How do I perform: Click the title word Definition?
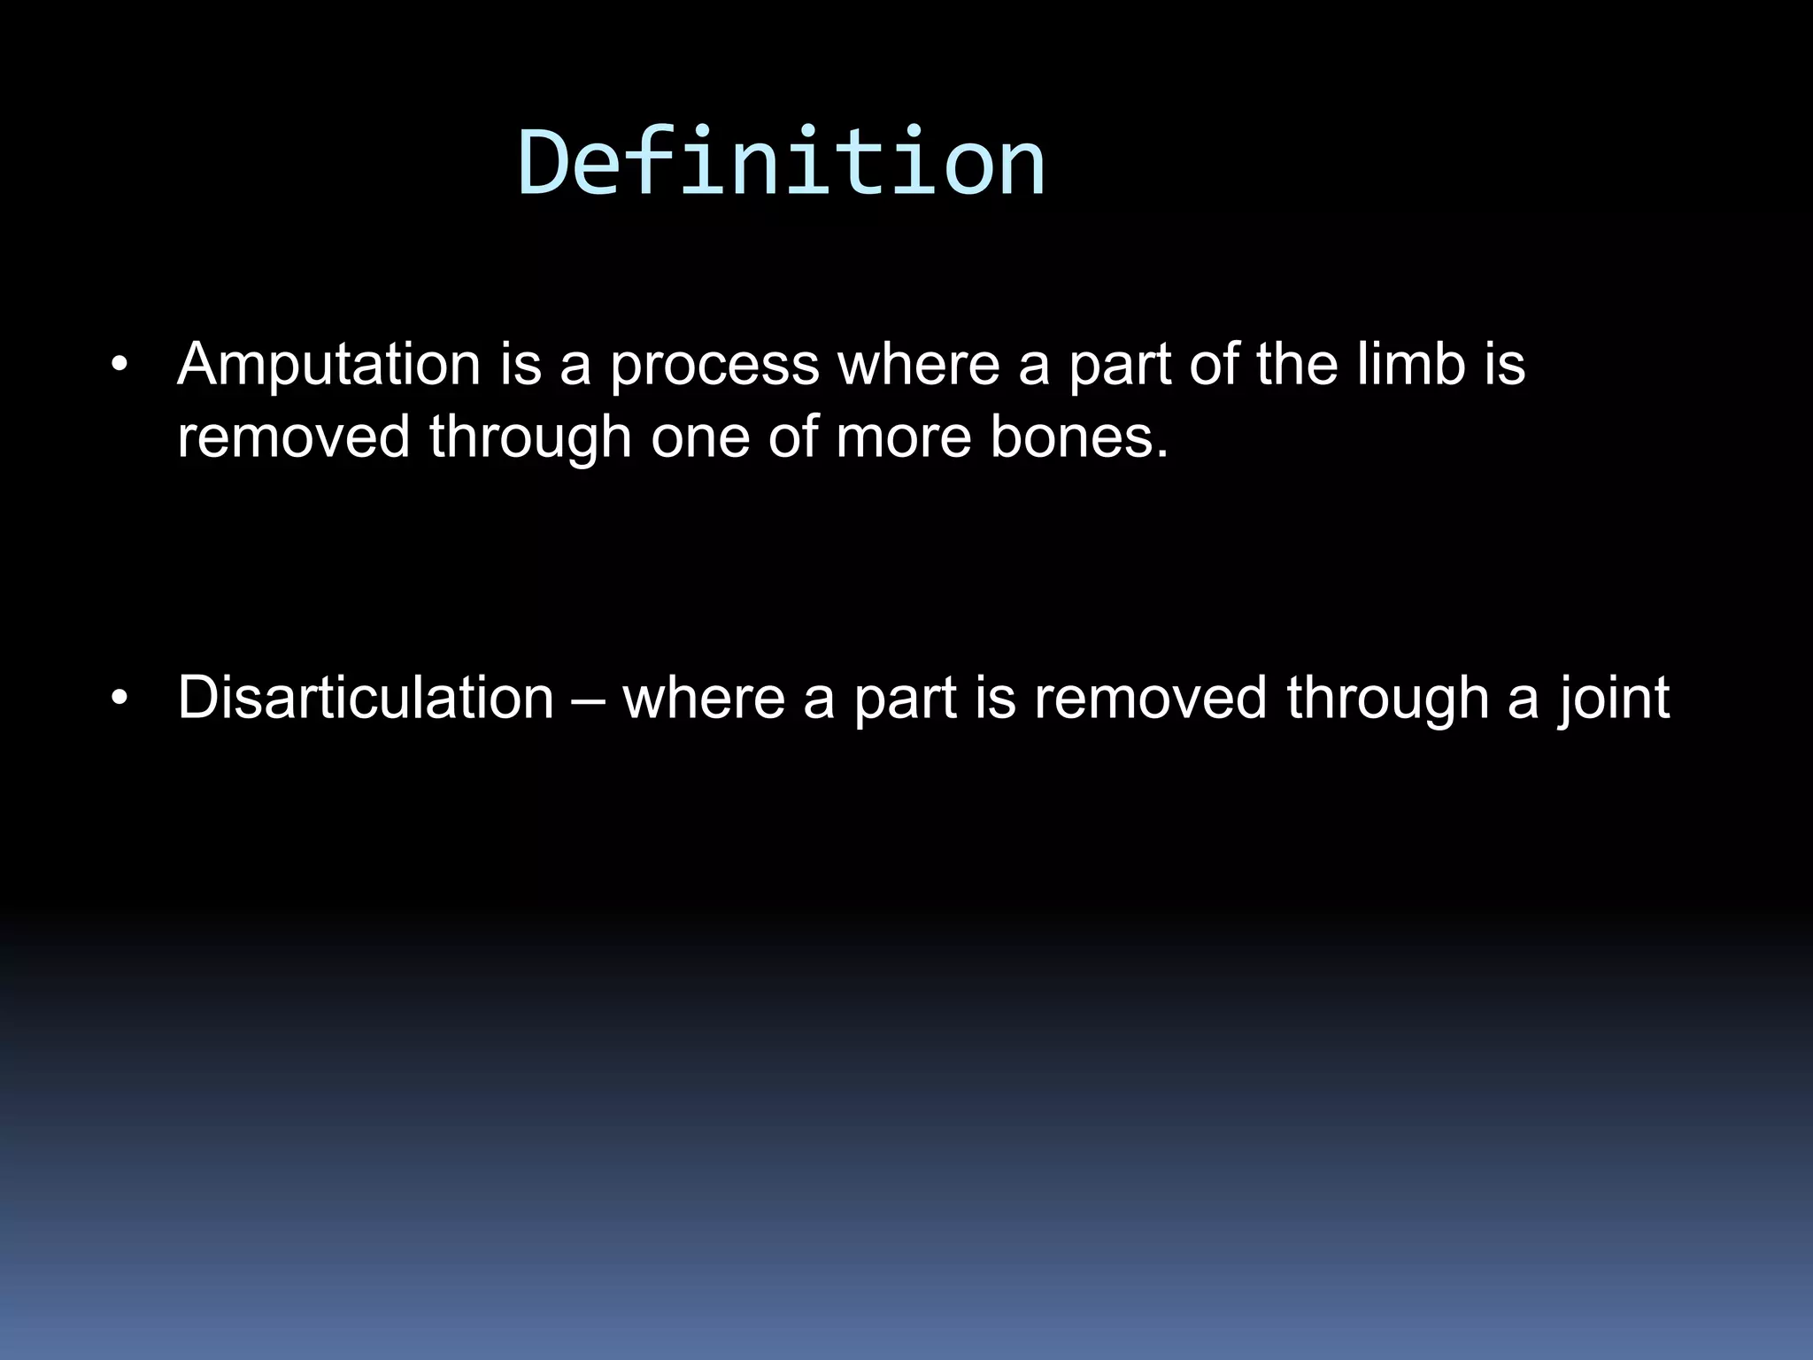[781, 163]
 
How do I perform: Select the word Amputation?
[328, 364]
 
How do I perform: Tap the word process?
[714, 366]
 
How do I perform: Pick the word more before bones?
[903, 437]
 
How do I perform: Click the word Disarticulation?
[366, 698]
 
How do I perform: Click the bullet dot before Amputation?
[120, 366]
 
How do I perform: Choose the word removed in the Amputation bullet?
[293, 437]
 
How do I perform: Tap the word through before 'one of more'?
[530, 437]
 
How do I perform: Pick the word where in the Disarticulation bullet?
[705, 698]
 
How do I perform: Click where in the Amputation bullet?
[919, 364]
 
